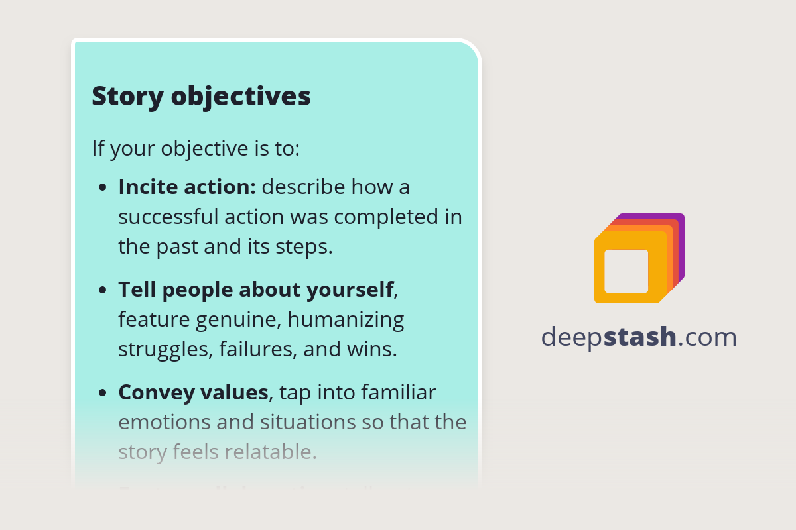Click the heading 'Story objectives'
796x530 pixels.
201,96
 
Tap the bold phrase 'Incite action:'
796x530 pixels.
187,187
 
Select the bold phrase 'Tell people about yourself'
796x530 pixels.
256,290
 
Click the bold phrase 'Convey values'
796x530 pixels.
193,392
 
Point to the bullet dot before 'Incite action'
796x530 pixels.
103,188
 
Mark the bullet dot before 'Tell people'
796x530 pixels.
103,291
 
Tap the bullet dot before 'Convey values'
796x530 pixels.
103,394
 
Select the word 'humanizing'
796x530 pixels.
346,319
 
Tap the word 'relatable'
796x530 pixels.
271,452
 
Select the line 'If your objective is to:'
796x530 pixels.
196,148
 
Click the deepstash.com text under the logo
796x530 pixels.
639,337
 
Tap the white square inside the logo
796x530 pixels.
626,271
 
